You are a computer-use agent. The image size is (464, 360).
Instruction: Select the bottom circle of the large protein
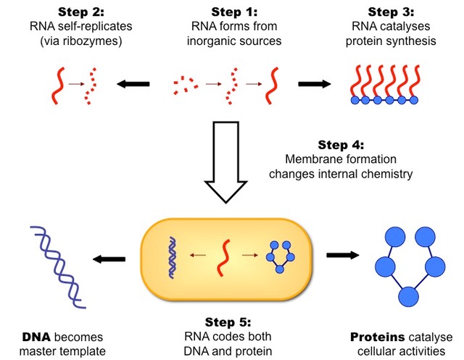[x=409, y=297]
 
